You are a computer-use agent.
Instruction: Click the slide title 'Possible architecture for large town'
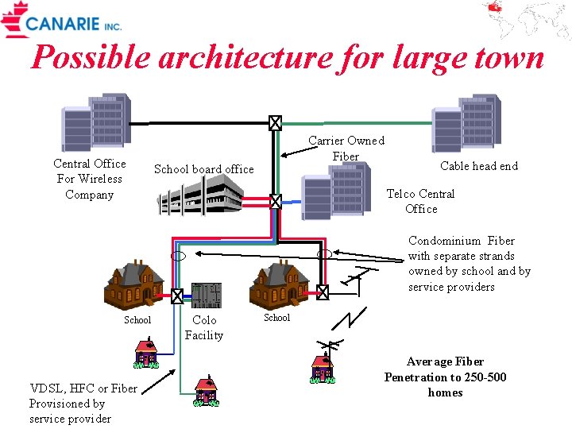click(x=287, y=57)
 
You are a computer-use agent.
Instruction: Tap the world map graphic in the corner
click(x=528, y=20)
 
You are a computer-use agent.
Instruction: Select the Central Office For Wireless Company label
click(x=89, y=179)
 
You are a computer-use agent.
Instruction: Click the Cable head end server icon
click(x=466, y=122)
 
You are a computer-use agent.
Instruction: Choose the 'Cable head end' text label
click(x=478, y=166)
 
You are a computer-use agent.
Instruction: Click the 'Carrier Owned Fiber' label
click(x=346, y=148)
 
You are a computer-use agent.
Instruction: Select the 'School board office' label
click(x=203, y=169)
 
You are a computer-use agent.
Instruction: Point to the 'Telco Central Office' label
click(x=420, y=201)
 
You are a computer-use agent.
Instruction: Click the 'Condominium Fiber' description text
click(x=469, y=263)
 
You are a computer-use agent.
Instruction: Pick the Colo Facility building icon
click(x=207, y=294)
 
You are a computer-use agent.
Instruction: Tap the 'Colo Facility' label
click(x=204, y=327)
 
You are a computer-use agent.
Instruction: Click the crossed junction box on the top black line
click(x=275, y=123)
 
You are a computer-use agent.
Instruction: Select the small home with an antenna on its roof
click(x=322, y=366)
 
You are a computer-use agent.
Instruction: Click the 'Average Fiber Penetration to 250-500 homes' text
click(x=445, y=377)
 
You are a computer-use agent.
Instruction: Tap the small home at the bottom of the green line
click(x=207, y=391)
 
